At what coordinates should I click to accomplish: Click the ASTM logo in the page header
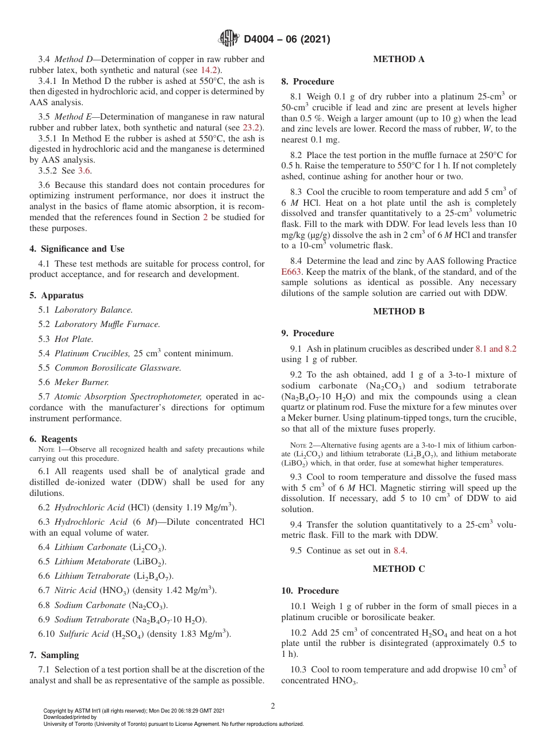tap(229, 39)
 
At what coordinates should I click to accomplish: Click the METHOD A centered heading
tap(399, 59)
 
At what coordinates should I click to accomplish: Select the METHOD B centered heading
tap(399, 311)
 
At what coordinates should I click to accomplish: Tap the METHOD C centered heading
tap(399, 569)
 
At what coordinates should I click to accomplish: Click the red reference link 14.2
tap(209, 70)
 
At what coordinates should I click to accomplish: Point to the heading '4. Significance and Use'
tap(77, 249)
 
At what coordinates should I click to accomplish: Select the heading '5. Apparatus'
tap(56, 295)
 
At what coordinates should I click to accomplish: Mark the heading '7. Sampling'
tap(54, 655)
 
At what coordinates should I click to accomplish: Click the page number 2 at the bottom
tap(273, 706)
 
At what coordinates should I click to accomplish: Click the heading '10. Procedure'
tap(310, 591)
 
